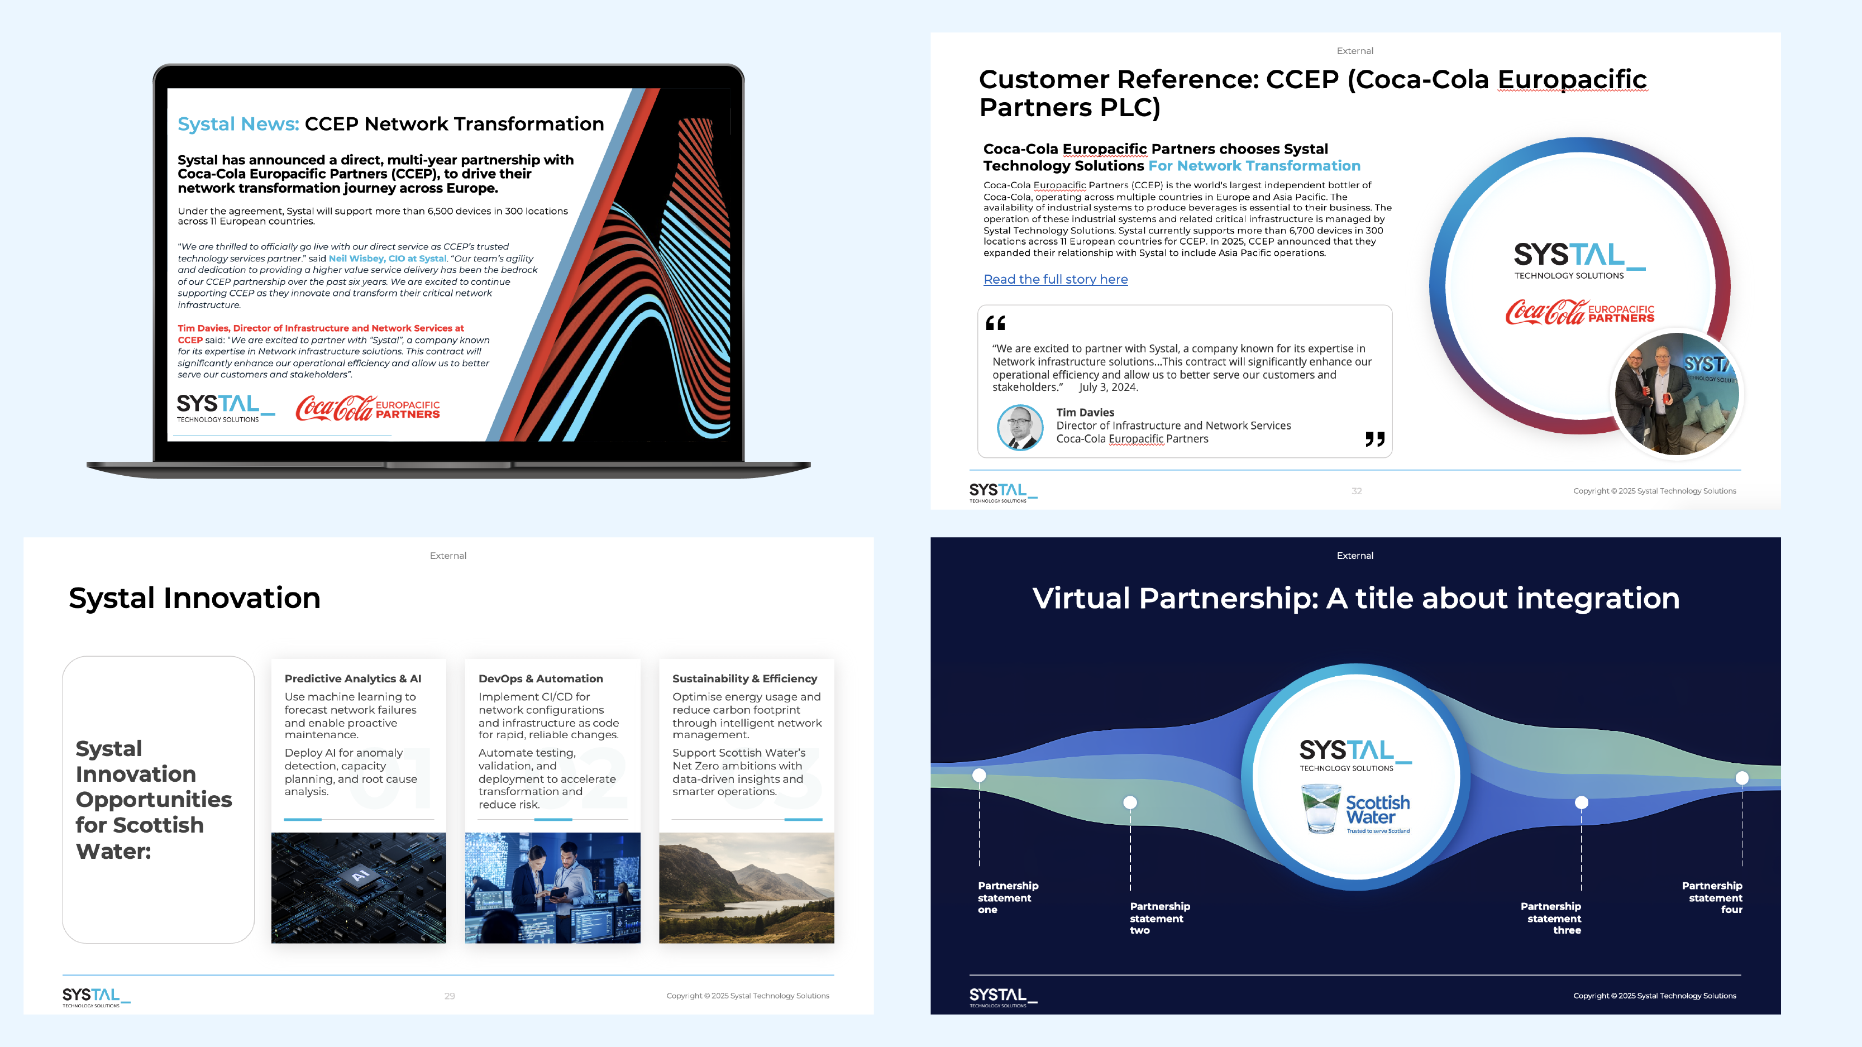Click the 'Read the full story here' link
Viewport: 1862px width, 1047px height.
tap(1056, 280)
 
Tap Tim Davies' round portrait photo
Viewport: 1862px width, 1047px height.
tap(1020, 427)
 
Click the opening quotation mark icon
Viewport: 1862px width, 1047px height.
tap(995, 323)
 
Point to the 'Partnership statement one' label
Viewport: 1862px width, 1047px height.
tap(1007, 897)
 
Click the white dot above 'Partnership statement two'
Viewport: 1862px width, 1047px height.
tap(1130, 802)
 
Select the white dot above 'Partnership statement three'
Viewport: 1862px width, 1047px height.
tap(1582, 802)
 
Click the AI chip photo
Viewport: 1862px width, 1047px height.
tap(359, 887)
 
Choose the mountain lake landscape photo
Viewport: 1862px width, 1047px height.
tap(746, 887)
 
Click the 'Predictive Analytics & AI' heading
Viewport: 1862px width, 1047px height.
tap(353, 678)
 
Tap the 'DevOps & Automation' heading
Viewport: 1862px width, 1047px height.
tap(541, 678)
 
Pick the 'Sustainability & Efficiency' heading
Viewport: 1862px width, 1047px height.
tap(744, 678)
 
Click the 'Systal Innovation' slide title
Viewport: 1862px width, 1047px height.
tap(194, 598)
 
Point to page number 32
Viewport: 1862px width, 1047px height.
tap(1356, 491)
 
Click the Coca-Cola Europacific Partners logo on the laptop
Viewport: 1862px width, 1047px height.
tap(368, 408)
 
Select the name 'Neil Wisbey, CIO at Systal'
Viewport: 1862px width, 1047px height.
tap(388, 259)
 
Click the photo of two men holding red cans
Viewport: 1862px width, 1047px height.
tap(1677, 394)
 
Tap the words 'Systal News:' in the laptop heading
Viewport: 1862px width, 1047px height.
tap(238, 125)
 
